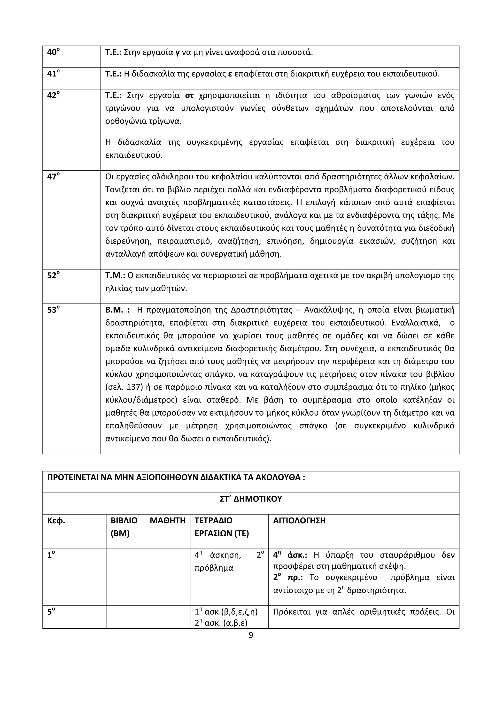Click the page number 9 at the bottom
point(251,635)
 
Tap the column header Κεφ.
point(56,521)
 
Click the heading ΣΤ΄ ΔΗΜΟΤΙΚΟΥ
point(251,499)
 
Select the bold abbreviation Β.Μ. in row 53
point(114,310)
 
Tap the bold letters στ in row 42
point(189,96)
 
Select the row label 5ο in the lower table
point(51,612)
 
